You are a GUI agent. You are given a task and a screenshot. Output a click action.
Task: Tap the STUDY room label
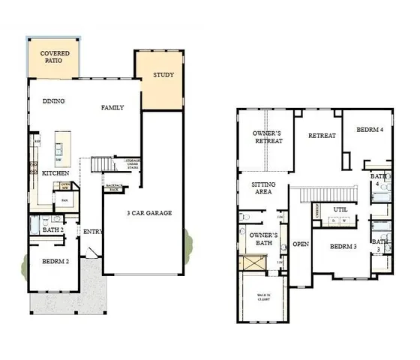click(x=163, y=76)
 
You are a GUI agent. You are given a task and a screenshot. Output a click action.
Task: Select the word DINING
click(x=54, y=101)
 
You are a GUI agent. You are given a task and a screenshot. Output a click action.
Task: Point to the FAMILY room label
click(x=112, y=108)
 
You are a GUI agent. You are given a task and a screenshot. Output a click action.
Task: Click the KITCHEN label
click(x=55, y=173)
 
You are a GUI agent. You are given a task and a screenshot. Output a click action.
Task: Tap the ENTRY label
click(x=93, y=232)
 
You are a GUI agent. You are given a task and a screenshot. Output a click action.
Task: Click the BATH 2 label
click(x=52, y=229)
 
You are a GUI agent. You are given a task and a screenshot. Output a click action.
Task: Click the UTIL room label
click(x=340, y=209)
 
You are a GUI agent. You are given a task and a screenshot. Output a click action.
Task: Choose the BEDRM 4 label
click(x=370, y=129)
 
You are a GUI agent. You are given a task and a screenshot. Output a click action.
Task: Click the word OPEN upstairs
click(x=301, y=244)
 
